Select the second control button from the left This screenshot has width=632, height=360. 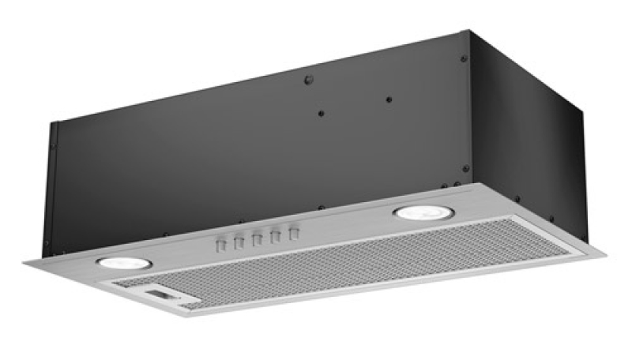[238, 242]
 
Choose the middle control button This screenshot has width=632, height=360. [257, 238]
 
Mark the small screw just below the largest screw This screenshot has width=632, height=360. [321, 113]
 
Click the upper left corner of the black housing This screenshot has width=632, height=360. [54, 122]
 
